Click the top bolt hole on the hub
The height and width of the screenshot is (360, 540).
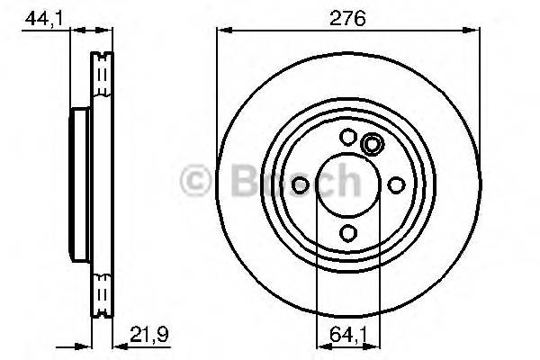coord(347,138)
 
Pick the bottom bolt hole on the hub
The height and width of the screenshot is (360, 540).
coord(347,233)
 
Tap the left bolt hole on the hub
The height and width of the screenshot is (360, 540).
coord(301,185)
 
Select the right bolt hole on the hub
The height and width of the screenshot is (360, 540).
coord(394,185)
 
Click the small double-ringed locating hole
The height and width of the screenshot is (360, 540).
coord(371,144)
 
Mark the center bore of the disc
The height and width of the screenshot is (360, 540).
coord(347,185)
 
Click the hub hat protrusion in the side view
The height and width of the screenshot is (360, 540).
coord(78,184)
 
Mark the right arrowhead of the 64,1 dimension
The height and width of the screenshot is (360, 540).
coord(373,344)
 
